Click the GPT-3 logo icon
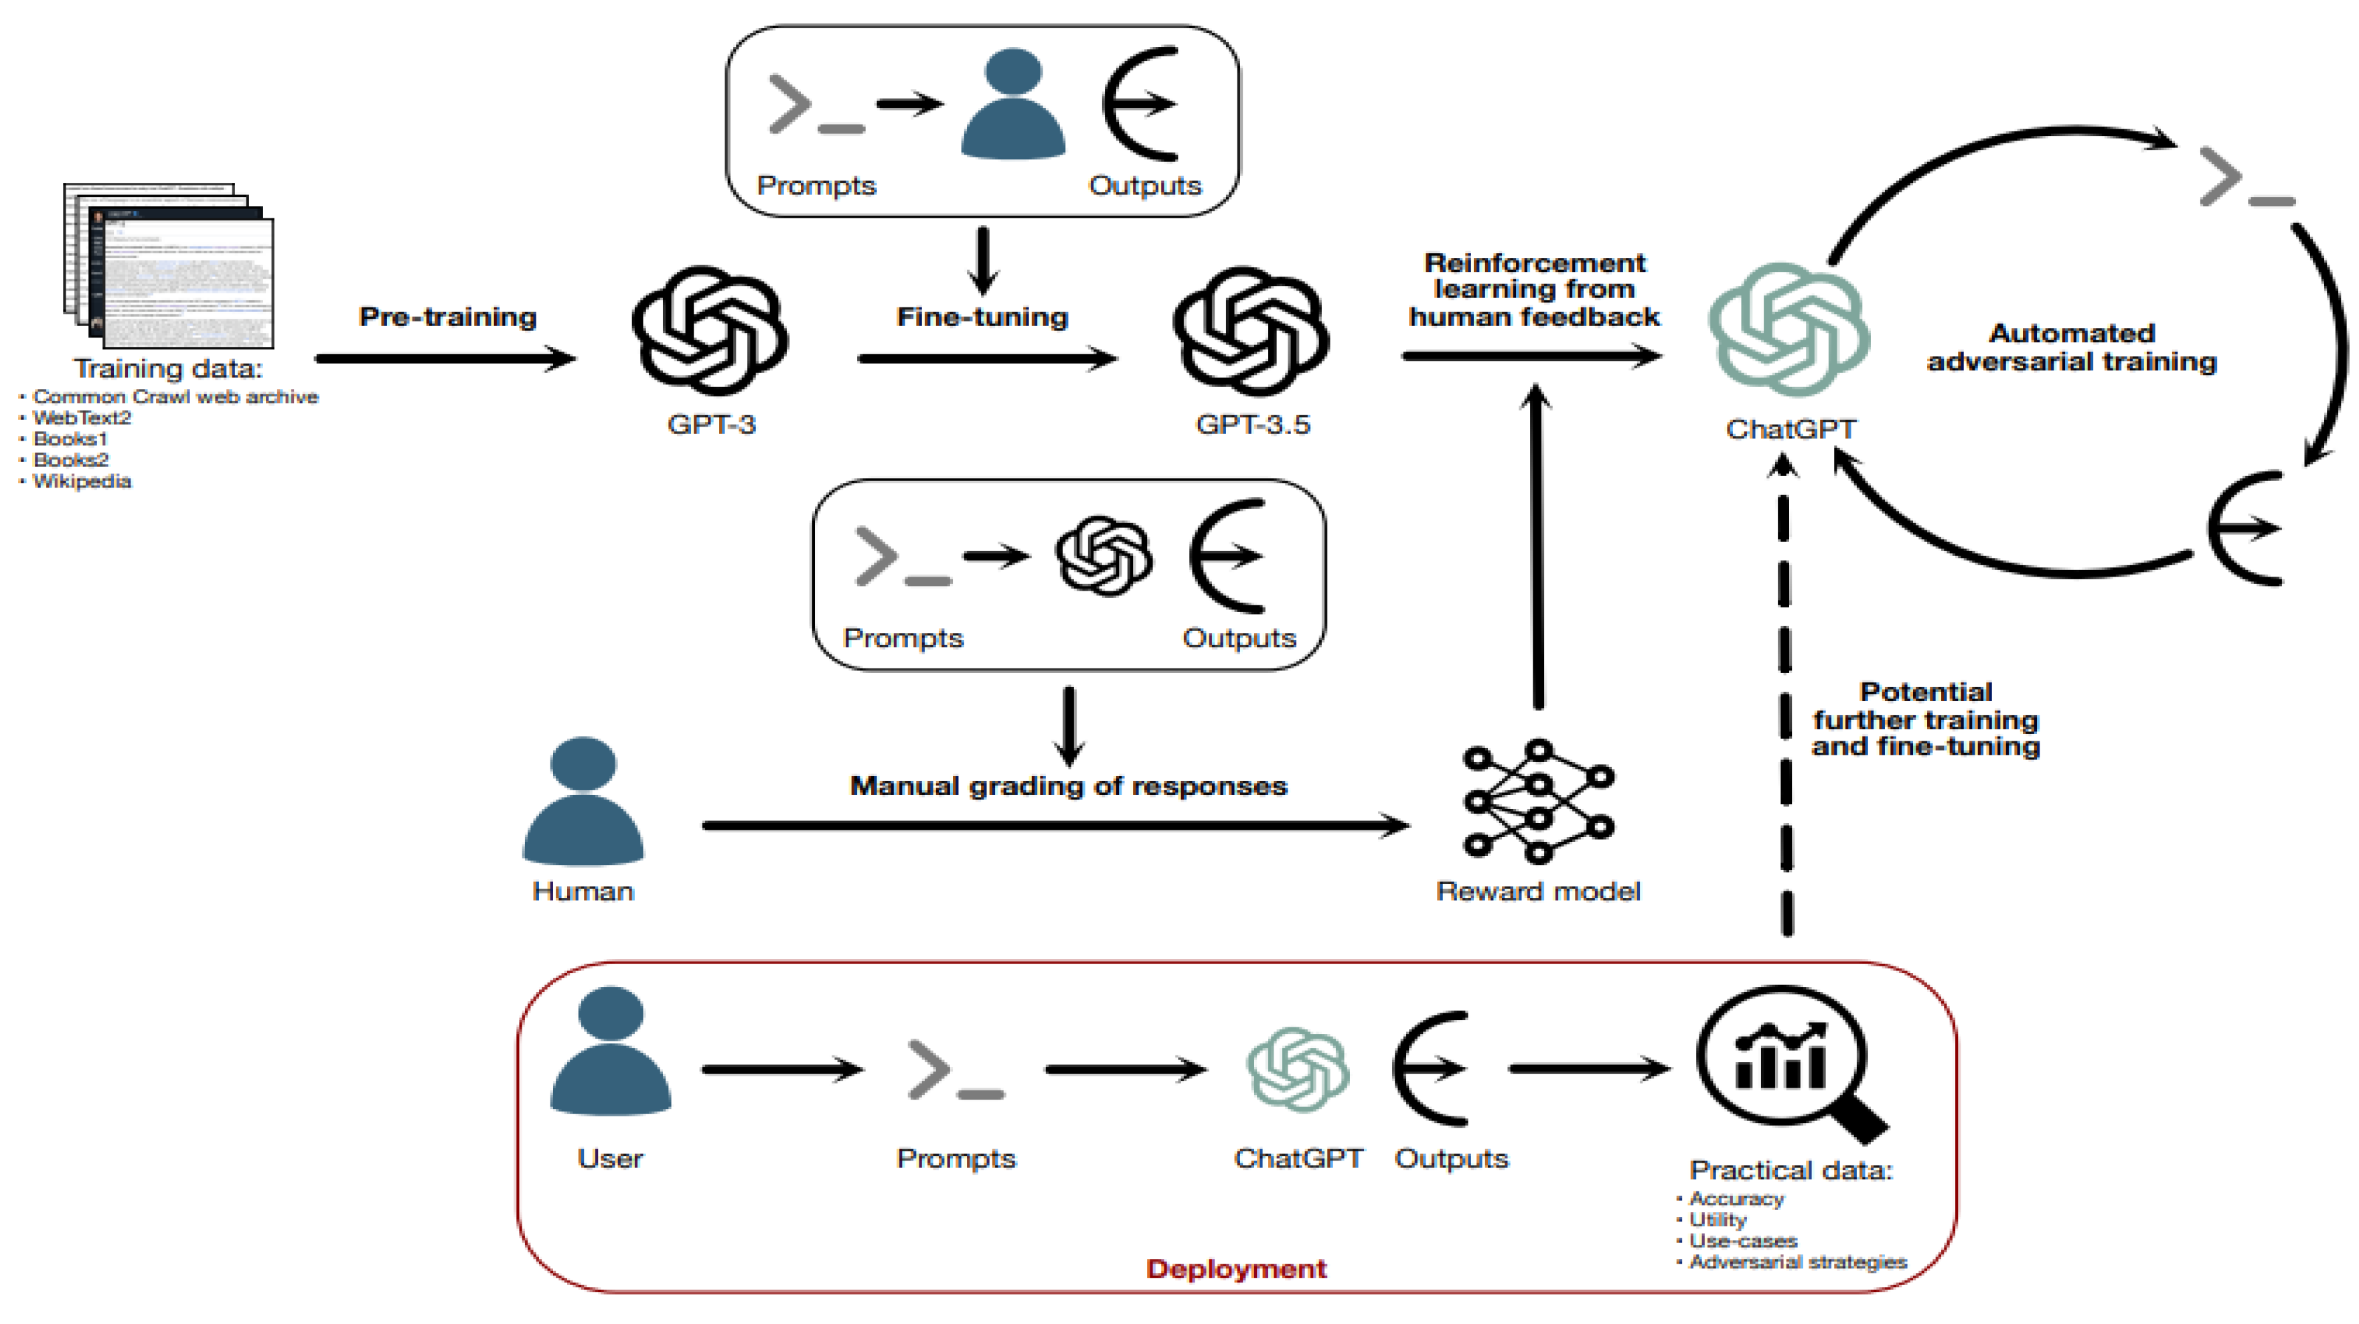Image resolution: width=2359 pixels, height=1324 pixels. click(710, 331)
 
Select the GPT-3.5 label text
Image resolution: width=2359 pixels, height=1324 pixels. click(1252, 425)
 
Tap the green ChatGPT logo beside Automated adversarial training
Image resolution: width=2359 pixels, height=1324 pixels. click(1789, 329)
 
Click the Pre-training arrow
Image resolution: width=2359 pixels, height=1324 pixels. click(445, 358)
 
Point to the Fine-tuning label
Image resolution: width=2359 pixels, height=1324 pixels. click(982, 317)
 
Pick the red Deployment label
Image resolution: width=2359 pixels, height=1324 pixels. click(1235, 1268)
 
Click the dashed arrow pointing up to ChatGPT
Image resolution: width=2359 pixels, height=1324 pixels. click(1784, 696)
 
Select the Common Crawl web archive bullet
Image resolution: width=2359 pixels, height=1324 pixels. click(175, 397)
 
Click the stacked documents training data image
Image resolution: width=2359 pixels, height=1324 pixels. click(169, 265)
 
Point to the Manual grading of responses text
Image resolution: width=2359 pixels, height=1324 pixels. click(1068, 786)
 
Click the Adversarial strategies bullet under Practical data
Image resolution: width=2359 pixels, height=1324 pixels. click(1797, 1262)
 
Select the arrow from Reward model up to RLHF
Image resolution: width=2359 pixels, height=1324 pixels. click(1537, 549)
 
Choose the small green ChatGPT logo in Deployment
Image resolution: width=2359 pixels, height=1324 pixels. click(1297, 1069)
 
